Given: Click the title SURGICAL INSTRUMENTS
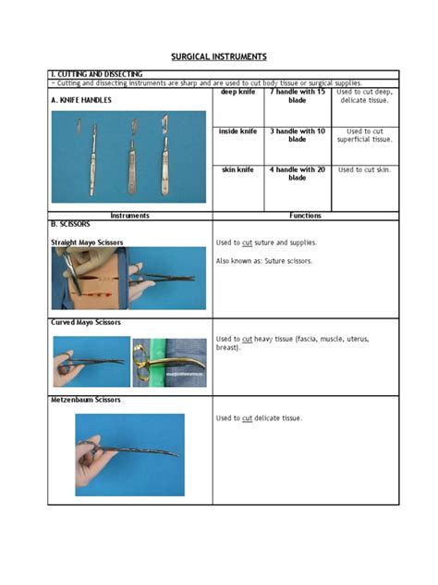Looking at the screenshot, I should click(219, 56).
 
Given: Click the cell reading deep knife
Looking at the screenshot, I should click(238, 93).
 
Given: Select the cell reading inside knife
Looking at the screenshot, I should click(238, 131).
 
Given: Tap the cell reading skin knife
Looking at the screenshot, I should click(238, 170).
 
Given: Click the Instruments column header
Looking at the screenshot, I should click(129, 216).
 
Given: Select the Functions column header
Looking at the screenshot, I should click(305, 216).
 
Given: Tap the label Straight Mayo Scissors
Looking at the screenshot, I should click(87, 243).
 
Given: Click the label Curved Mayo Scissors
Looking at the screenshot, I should click(85, 322).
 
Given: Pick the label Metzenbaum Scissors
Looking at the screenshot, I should click(84, 400).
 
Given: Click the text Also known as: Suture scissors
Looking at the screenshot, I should click(264, 261).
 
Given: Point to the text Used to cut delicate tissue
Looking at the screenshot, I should click(259, 418).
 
